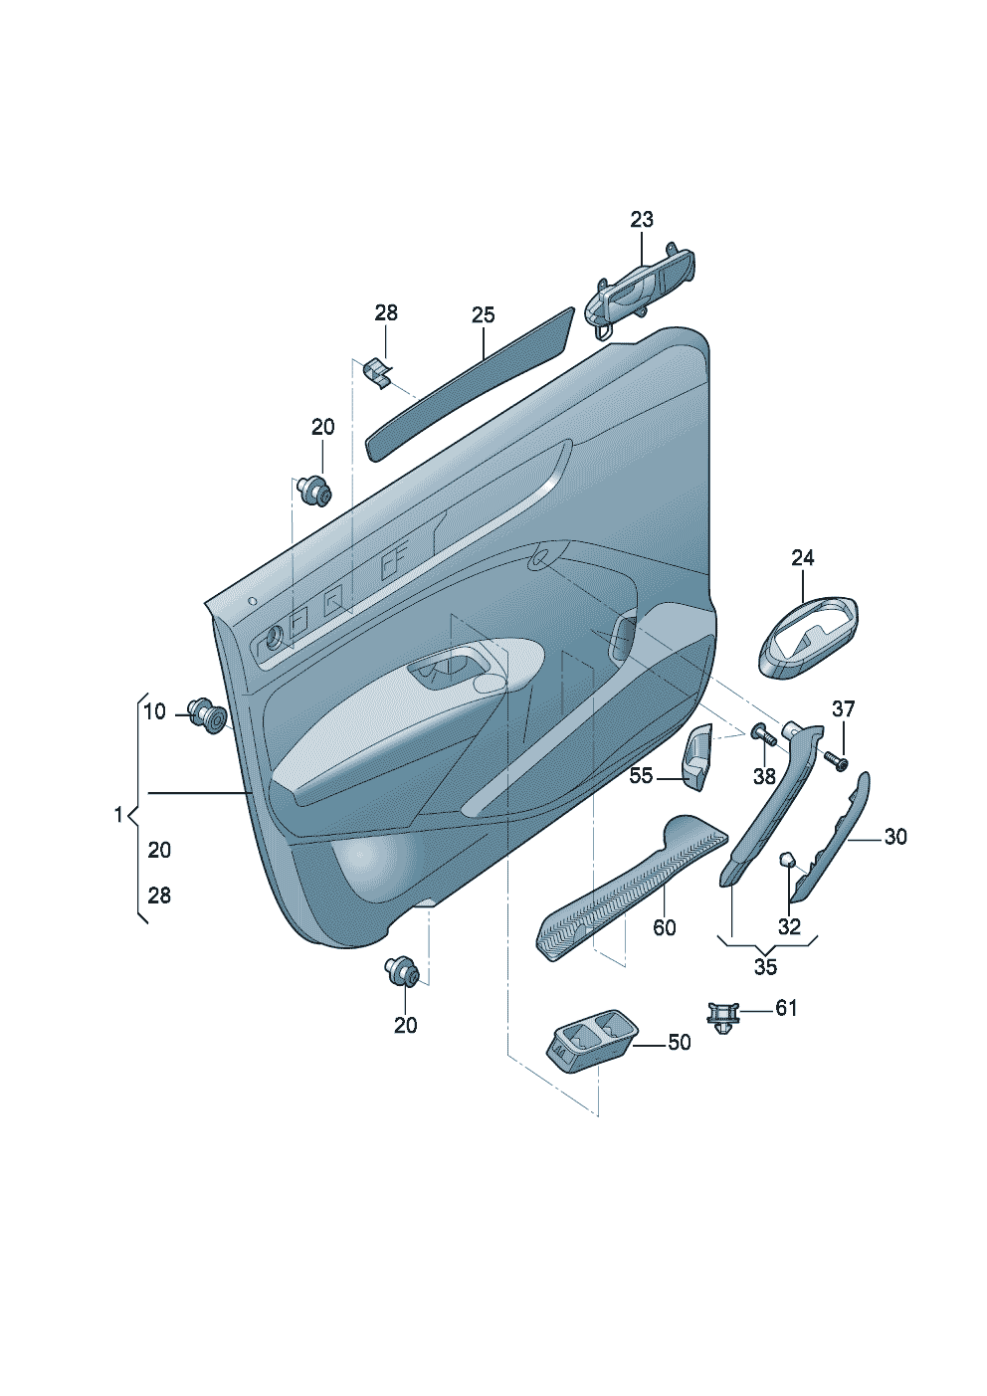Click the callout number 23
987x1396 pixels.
(x=642, y=219)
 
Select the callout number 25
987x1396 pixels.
(x=483, y=314)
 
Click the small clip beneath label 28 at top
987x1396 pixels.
(x=378, y=373)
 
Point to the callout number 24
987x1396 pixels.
(x=803, y=557)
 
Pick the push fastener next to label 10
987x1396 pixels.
(x=208, y=715)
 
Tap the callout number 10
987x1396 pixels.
(x=154, y=711)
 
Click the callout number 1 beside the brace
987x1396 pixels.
(x=119, y=815)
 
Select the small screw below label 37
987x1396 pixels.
(x=836, y=760)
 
